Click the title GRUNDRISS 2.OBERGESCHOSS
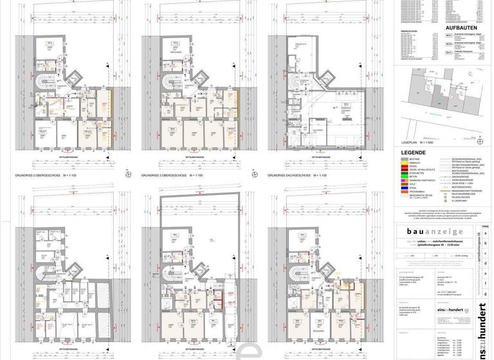tap(50, 174)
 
